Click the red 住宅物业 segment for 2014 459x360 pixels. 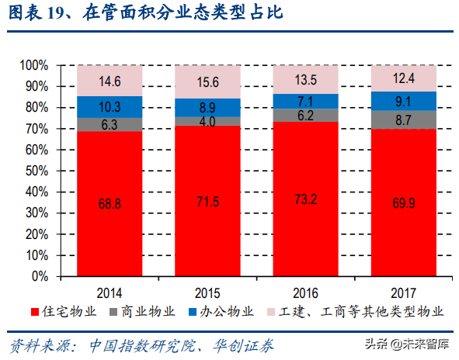pos(110,203)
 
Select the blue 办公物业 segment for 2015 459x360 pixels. pos(207,108)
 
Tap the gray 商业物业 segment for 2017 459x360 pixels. pos(404,120)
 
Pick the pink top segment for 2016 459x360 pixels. pos(306,80)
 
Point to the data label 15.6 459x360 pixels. pos(207,82)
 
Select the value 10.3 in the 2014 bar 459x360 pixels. pos(110,107)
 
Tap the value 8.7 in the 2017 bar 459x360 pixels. pos(404,120)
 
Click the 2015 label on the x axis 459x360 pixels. pos(207,292)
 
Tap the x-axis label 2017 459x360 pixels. pos(404,292)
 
